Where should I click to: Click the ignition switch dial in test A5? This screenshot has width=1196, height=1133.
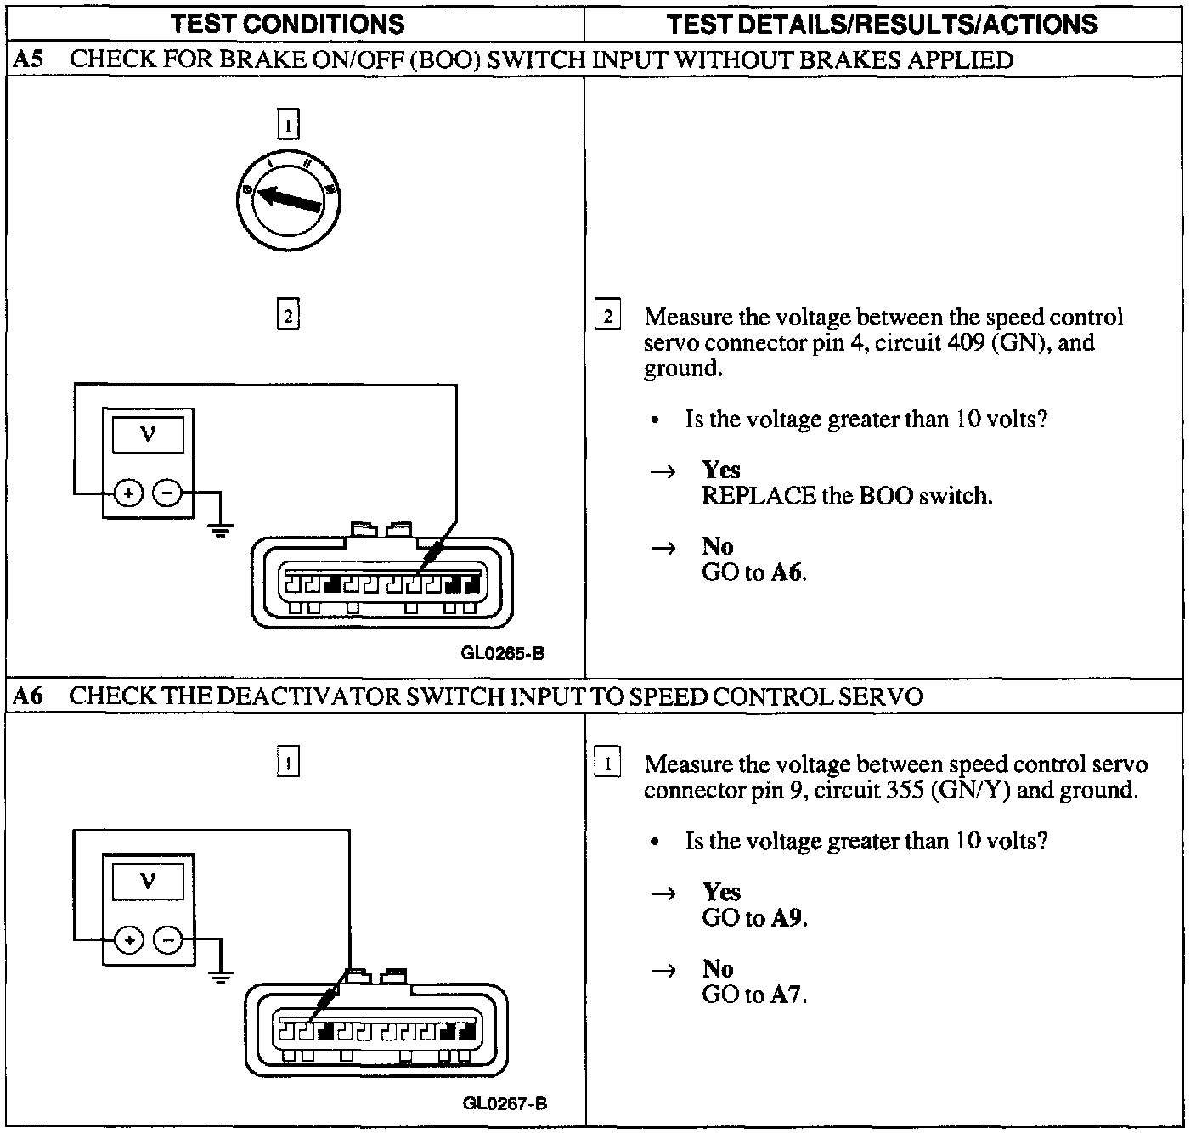coord(289,198)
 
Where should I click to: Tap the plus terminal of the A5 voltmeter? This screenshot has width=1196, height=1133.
coord(128,492)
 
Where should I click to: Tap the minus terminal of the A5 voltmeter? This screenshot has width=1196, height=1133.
coord(167,492)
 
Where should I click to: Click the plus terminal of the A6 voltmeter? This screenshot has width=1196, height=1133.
coord(128,940)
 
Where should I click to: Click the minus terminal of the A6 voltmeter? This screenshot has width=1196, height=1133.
coord(167,940)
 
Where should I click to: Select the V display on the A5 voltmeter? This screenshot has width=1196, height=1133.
coord(148,434)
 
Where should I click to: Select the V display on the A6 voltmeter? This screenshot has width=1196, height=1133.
coord(148,881)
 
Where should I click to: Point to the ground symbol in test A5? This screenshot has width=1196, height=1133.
coord(220,532)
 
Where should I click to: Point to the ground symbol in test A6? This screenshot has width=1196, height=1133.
coord(220,978)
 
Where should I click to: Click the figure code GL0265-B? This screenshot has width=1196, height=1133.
coord(503,654)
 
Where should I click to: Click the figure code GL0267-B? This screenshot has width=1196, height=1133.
coord(505,1103)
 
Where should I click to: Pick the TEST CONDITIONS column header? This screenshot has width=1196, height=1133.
coord(288,24)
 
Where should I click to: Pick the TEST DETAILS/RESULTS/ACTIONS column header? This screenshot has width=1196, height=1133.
coord(883,24)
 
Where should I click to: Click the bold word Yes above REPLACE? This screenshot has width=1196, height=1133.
coord(721,470)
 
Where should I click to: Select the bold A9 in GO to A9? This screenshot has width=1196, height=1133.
coord(787,918)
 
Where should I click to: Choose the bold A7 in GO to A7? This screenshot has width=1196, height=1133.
coord(787,995)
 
